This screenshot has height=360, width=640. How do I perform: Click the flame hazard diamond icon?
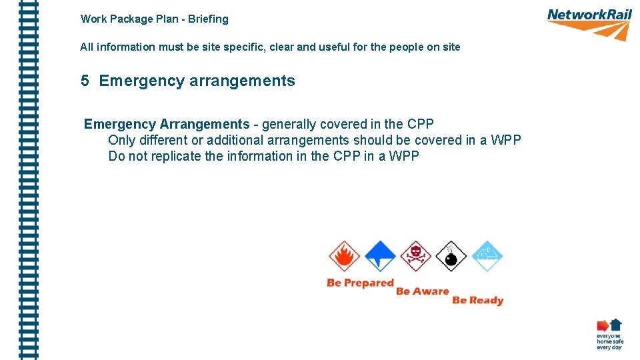point(344,257)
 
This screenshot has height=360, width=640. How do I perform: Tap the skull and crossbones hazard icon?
point(416,256)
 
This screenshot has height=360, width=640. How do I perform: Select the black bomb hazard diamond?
point(451,257)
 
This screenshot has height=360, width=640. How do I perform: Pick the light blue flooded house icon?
point(487,256)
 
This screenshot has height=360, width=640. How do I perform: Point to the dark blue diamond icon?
point(380,256)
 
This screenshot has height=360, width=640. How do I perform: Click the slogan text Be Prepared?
point(361,283)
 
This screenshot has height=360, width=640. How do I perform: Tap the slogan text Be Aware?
point(423,291)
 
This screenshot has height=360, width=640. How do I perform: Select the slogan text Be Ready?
point(477,301)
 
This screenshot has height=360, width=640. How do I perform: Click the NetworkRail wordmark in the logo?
point(589,15)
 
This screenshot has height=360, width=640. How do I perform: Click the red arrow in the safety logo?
point(603,325)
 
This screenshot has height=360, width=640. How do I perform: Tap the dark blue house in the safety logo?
point(616,324)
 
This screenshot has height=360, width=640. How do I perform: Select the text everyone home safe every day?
point(609,342)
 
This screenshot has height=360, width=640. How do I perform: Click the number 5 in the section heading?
point(85,81)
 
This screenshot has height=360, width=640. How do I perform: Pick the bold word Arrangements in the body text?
point(205,125)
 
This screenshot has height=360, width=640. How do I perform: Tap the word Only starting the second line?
point(121,141)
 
